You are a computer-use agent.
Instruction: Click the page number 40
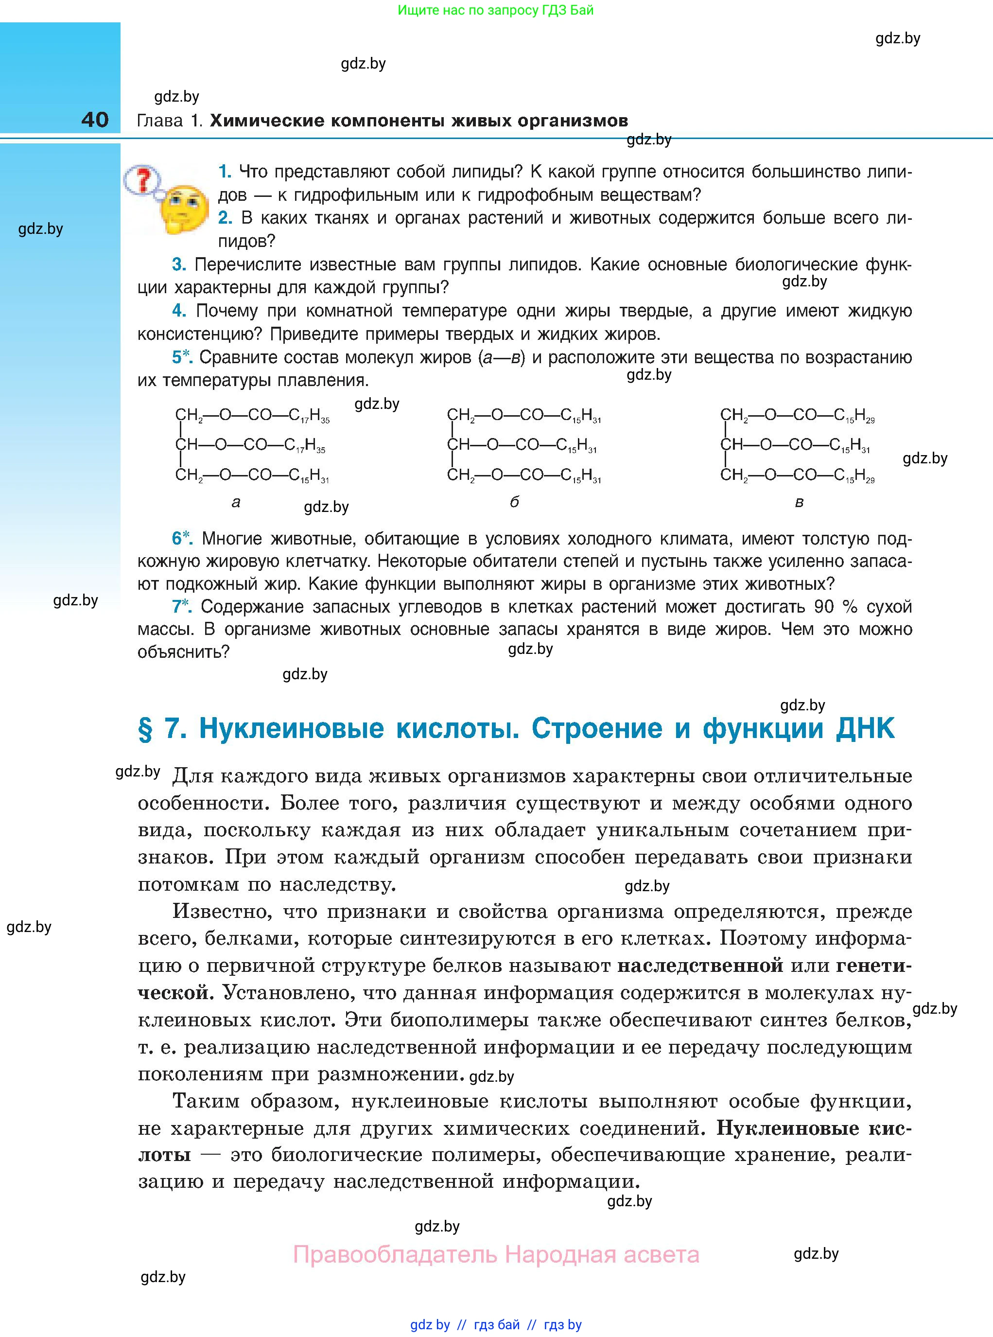[95, 120]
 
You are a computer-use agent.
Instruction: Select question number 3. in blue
[178, 264]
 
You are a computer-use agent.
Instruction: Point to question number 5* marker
[181, 357]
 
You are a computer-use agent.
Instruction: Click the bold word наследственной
[700, 966]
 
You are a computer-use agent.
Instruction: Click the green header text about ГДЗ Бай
[495, 10]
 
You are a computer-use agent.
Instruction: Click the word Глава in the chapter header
[160, 121]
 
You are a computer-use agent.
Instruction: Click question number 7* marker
[181, 607]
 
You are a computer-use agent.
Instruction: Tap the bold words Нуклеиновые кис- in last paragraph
[814, 1128]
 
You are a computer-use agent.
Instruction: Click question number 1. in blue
[224, 172]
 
